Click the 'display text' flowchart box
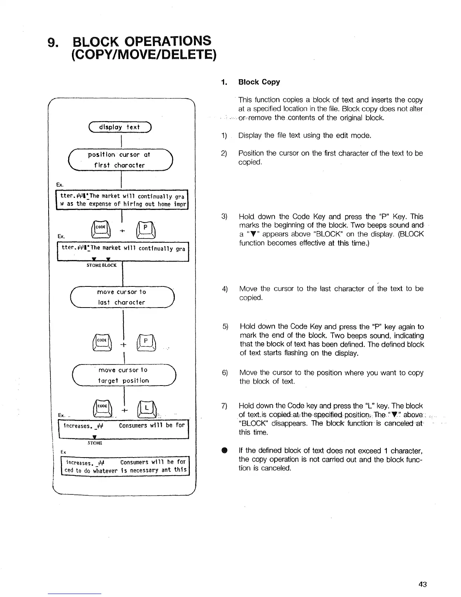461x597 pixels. tap(119, 127)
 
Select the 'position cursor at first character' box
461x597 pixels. tap(119, 160)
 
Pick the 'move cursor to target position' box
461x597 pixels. tap(123, 375)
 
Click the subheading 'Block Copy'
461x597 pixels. tap(259, 82)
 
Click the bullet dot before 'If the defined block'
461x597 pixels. tap(225, 451)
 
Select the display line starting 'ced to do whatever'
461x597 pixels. tap(126, 470)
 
